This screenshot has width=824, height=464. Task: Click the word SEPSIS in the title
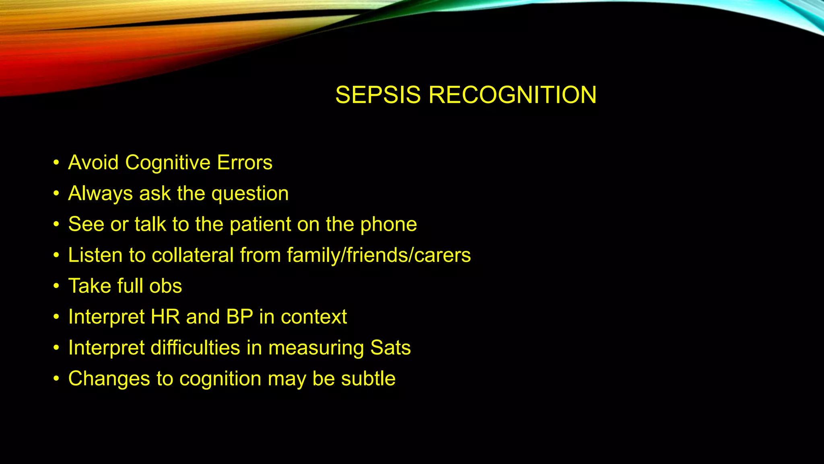[378, 95]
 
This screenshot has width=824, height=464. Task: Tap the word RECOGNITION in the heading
[512, 95]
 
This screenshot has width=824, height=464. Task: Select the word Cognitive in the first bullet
[168, 163]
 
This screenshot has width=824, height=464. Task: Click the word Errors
[245, 163]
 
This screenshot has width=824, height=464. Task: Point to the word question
[250, 194]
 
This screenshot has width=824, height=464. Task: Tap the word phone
[388, 225]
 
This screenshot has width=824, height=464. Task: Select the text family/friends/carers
[379, 255]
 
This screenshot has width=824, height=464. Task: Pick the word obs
[165, 286]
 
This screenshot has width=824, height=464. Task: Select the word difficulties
[195, 348]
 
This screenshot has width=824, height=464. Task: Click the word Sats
[390, 348]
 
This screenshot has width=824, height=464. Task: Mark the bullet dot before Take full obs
[56, 286]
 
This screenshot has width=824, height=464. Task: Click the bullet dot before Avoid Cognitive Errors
[56, 163]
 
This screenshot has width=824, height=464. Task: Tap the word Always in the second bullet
[100, 194]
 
